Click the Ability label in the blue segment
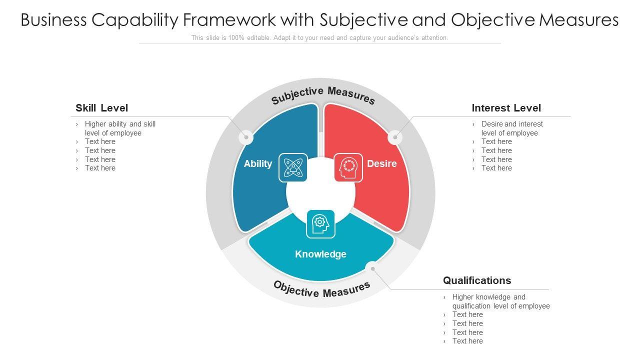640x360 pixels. tap(257, 164)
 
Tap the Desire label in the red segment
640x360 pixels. tap(381, 164)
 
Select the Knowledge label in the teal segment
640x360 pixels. tap(320, 254)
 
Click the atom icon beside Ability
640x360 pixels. tap(292, 167)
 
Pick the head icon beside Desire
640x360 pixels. tap(348, 167)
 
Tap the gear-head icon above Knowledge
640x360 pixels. tap(320, 223)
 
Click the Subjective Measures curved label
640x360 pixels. tap(323, 95)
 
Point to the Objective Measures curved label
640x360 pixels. tap(322, 289)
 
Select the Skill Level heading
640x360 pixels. tap(101, 108)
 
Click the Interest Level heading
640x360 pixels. tap(506, 108)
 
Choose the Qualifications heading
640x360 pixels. tap(477, 280)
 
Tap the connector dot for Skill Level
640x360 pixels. tap(245, 137)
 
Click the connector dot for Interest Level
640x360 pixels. tap(395, 137)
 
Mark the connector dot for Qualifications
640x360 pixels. tap(372, 269)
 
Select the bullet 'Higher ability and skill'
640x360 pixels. tap(120, 124)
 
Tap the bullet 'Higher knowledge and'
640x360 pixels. tap(488, 297)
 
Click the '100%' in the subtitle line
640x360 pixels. tap(236, 38)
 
